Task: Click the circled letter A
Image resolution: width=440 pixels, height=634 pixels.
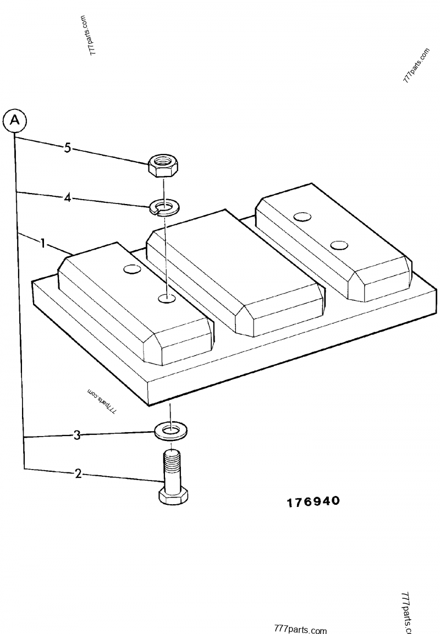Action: click(x=14, y=120)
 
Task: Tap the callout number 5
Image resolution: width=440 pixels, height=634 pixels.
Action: click(x=68, y=148)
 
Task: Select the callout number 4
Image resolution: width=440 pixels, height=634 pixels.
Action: click(x=68, y=198)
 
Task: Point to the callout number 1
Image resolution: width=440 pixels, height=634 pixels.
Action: click(x=42, y=244)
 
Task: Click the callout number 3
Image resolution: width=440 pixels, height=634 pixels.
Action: click(x=77, y=435)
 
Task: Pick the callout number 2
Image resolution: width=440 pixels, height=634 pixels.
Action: click(x=78, y=473)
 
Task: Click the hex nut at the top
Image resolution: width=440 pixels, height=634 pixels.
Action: click(x=164, y=166)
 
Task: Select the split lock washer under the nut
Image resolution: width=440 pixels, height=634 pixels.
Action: click(x=165, y=207)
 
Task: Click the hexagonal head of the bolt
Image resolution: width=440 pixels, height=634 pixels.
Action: click(x=173, y=495)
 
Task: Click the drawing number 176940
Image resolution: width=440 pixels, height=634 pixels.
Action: click(x=313, y=501)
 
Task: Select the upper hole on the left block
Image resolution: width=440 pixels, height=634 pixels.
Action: click(x=132, y=269)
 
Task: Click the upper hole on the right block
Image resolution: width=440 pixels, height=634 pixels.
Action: click(x=302, y=217)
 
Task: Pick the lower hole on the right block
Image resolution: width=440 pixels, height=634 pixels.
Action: click(x=339, y=245)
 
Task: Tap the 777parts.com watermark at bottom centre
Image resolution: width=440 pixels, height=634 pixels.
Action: click(x=300, y=629)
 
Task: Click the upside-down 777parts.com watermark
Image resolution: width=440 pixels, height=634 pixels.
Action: click(x=102, y=401)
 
